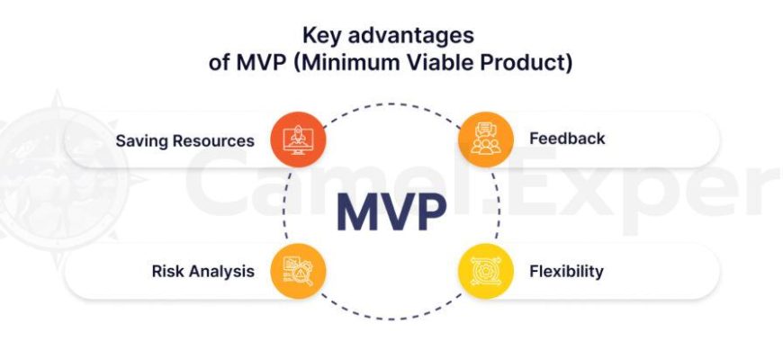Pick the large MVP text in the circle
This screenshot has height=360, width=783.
click(391, 211)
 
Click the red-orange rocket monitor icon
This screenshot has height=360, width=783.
click(298, 139)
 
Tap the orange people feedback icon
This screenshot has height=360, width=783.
click(486, 139)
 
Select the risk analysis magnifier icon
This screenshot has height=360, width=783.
click(298, 272)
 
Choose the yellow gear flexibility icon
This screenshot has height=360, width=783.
click(486, 272)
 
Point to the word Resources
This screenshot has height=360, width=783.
click(213, 140)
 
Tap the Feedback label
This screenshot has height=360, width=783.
click(567, 139)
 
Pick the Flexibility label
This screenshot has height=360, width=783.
click(567, 272)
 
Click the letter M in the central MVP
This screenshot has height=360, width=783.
click(359, 211)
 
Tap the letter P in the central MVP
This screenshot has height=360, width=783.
click(431, 211)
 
